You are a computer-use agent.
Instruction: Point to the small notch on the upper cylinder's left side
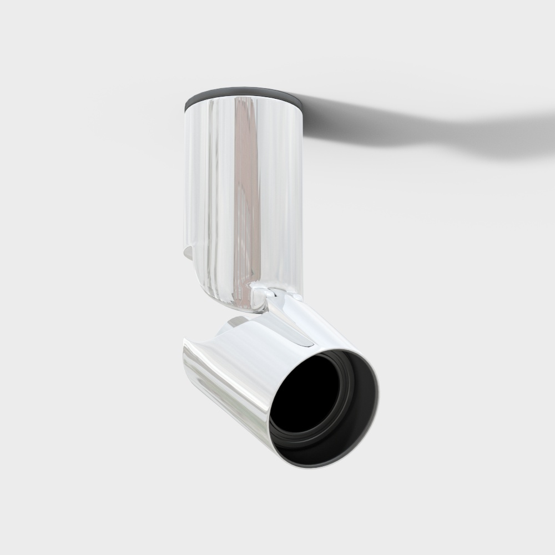(188, 253)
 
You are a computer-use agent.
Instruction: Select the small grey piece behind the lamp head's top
(236, 322)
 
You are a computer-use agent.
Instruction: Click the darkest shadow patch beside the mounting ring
(322, 119)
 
